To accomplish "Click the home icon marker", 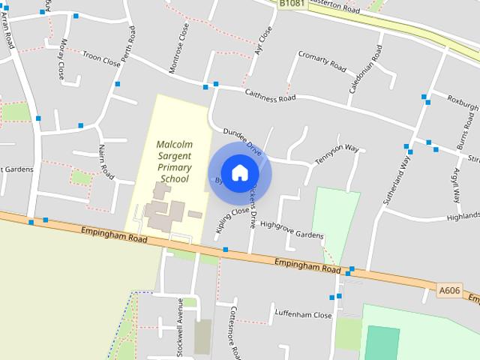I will pos(239,172).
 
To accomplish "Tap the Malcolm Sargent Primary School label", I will pos(173,160).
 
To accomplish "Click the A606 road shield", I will pos(448,290).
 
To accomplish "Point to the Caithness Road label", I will pos(271,95).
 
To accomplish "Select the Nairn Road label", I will pos(104,163).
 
